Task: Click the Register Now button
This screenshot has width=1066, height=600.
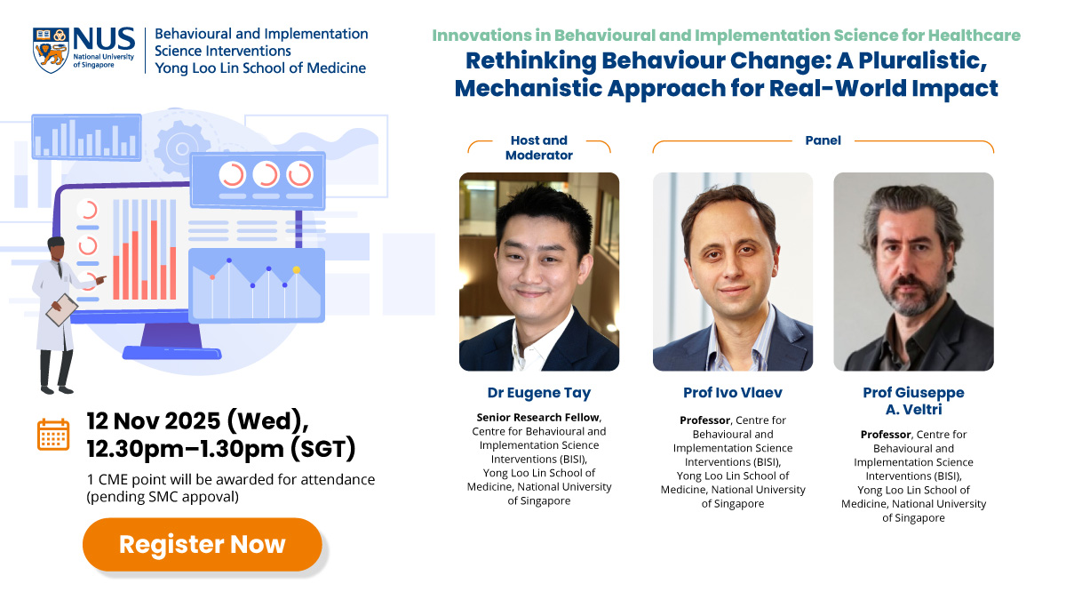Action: [x=203, y=544]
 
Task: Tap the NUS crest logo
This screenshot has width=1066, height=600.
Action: [x=50, y=50]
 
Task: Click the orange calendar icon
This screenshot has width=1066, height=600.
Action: [x=53, y=434]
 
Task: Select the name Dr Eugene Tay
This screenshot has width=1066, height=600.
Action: [x=538, y=392]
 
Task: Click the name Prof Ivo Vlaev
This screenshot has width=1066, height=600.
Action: [x=732, y=392]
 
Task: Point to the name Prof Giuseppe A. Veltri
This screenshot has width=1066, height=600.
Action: [x=913, y=400]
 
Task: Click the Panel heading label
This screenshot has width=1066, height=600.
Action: [x=823, y=140]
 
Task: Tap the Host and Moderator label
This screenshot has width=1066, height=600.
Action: [x=538, y=148]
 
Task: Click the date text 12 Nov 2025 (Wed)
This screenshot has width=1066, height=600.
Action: [x=196, y=419]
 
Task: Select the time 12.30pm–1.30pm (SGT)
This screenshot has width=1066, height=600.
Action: [x=221, y=449]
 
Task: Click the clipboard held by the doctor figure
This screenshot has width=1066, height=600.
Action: [x=61, y=308]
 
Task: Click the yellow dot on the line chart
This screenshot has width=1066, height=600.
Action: [x=297, y=269]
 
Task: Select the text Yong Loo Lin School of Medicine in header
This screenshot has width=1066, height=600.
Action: [x=259, y=68]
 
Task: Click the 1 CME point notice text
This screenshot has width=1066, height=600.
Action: [x=230, y=480]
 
